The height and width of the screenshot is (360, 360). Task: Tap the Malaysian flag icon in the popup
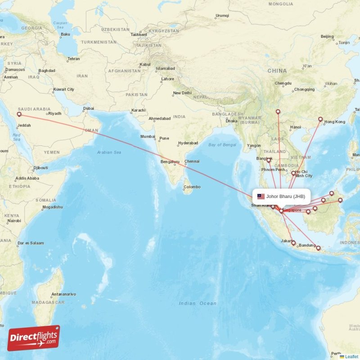click(x=261, y=196)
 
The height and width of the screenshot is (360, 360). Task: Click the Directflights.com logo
click(x=34, y=338)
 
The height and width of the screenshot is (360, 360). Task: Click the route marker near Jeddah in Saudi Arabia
click(x=19, y=114)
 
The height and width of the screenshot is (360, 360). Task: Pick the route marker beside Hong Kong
click(x=320, y=119)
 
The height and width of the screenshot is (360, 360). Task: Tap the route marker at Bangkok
click(x=269, y=160)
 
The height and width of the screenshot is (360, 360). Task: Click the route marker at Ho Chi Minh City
click(x=293, y=173)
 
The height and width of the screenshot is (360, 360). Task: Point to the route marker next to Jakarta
click(x=293, y=243)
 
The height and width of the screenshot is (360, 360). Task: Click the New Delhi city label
click(x=182, y=93)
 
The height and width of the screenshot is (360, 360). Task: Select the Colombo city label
click(x=192, y=187)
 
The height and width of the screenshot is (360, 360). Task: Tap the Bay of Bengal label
click(x=222, y=144)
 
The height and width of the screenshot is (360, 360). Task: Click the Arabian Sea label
click(x=109, y=153)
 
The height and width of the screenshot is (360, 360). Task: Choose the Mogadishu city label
click(x=53, y=207)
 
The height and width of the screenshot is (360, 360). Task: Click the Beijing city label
click(x=327, y=36)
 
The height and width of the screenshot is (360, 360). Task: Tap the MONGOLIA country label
click(x=280, y=4)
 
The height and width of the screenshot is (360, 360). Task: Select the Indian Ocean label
click(x=198, y=303)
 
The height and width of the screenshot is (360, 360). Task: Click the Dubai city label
click(x=89, y=108)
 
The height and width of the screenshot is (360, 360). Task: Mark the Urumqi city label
click(x=222, y=16)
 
